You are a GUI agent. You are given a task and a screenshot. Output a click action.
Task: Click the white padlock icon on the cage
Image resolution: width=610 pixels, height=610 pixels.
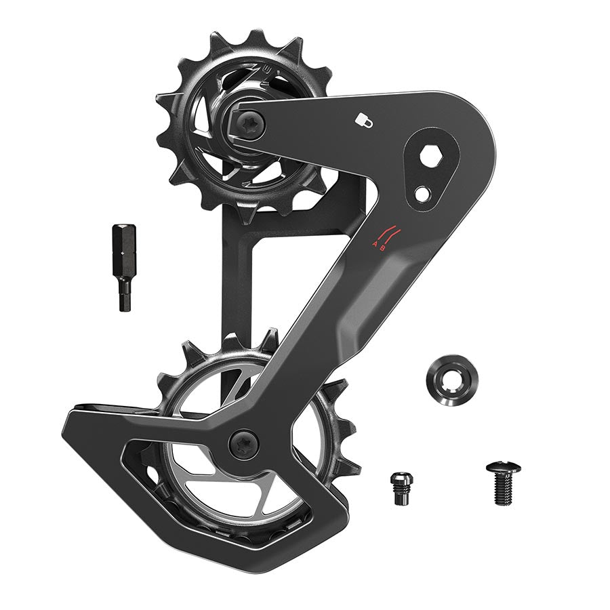click(x=363, y=119)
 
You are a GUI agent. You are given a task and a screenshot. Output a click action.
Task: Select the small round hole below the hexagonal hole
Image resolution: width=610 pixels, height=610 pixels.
click(x=422, y=194)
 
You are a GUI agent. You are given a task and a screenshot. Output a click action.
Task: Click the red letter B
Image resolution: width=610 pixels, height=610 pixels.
click(x=384, y=248)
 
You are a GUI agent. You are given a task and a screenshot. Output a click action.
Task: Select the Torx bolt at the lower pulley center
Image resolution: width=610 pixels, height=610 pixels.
click(x=243, y=444)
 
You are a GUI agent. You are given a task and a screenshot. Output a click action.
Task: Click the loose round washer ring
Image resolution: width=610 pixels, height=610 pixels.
click(x=449, y=381)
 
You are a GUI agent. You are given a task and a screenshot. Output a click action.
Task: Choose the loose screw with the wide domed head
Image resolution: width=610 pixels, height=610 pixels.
click(x=503, y=483)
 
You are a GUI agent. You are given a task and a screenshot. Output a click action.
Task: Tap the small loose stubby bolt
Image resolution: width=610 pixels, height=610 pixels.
click(x=401, y=487)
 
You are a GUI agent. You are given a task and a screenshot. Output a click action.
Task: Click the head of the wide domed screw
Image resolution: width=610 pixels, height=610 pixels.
click(x=503, y=468)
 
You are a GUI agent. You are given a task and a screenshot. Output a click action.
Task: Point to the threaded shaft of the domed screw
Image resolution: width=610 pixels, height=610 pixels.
click(x=503, y=491)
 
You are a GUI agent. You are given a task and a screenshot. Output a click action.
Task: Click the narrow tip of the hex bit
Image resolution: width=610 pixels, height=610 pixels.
click(x=125, y=298)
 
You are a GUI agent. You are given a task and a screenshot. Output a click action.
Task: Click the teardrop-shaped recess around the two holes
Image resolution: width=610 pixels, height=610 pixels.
click(x=428, y=173)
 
